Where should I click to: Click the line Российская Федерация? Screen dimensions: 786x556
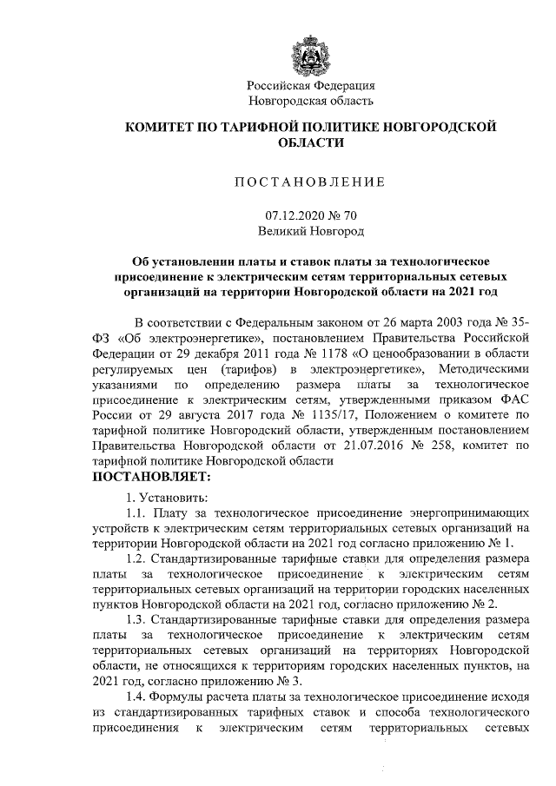pos(311,86)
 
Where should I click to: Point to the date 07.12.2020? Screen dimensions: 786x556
pos(292,216)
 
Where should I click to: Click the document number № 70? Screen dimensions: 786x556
pos(341,216)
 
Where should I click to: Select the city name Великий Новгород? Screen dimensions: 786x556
pos(311,232)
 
